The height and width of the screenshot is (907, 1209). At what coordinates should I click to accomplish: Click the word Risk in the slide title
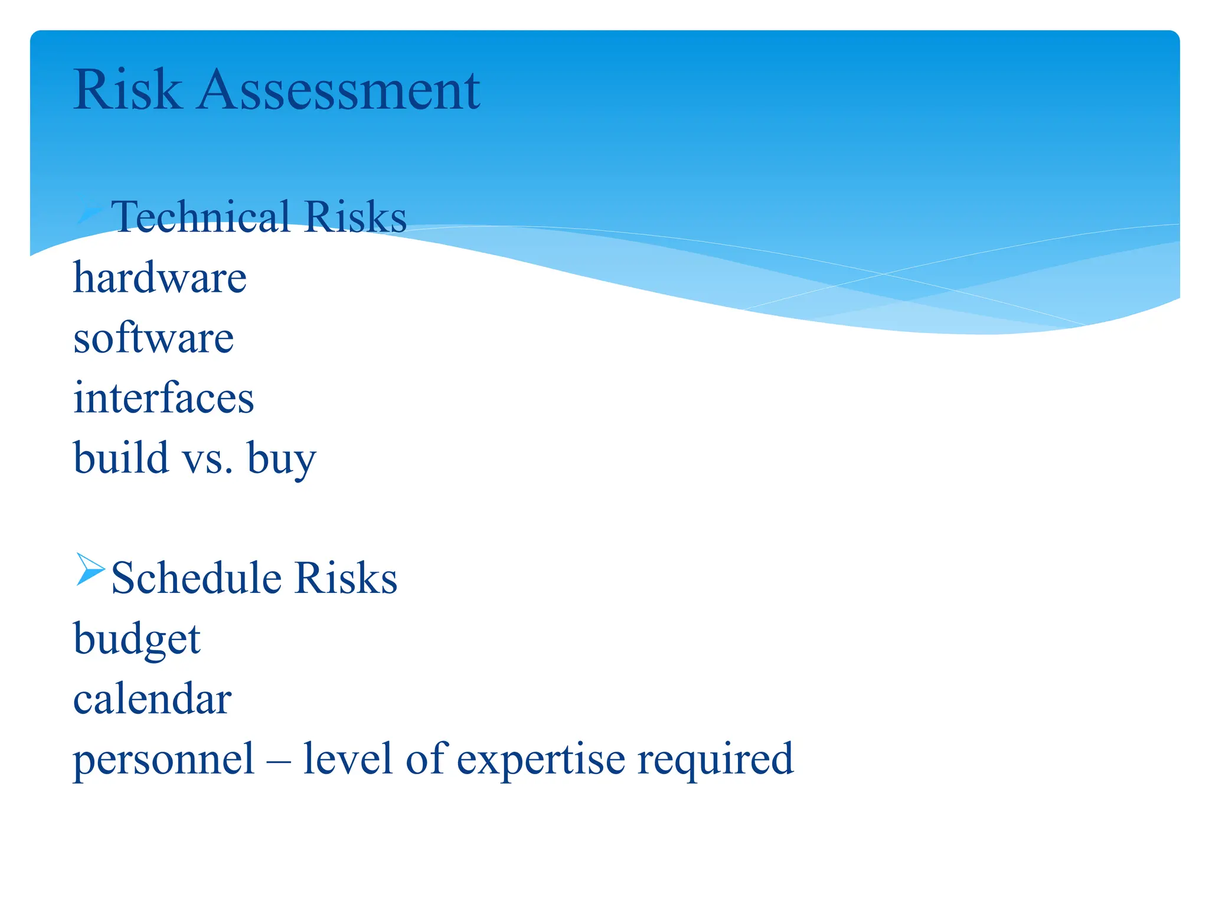coord(127,90)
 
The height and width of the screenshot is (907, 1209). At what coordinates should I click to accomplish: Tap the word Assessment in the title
coord(339,90)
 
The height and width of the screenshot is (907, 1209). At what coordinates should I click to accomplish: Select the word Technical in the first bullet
coord(201,217)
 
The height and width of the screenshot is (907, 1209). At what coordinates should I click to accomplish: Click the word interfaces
coord(164,397)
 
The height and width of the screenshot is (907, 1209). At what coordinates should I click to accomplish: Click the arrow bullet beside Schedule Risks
coord(90,569)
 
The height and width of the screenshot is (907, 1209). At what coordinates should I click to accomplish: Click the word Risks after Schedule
coord(346,578)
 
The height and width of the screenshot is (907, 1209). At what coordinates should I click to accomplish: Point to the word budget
coord(137,640)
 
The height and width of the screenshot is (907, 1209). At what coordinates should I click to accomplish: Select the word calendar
coord(152,699)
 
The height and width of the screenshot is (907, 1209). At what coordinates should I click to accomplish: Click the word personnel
coord(164,760)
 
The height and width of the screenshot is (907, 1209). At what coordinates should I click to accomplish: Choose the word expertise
coord(541,760)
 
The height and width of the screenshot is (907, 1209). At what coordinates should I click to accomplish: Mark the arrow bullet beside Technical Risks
coord(90,213)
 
